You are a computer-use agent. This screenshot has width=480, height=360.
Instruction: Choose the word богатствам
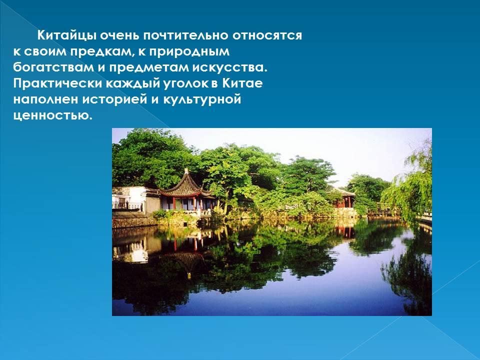point(53,67)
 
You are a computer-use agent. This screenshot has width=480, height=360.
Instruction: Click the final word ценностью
point(52,115)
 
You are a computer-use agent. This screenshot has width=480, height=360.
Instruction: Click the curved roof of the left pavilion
point(186,184)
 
